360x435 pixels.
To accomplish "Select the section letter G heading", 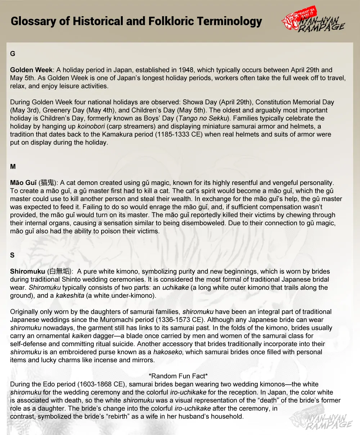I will (x=13, y=54).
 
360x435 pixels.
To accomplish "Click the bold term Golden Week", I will (x=31, y=70).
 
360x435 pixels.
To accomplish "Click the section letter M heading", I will (x=13, y=167).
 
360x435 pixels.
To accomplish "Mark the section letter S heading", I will (x=13, y=255).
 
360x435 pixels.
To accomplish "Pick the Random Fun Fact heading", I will (x=178, y=376).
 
